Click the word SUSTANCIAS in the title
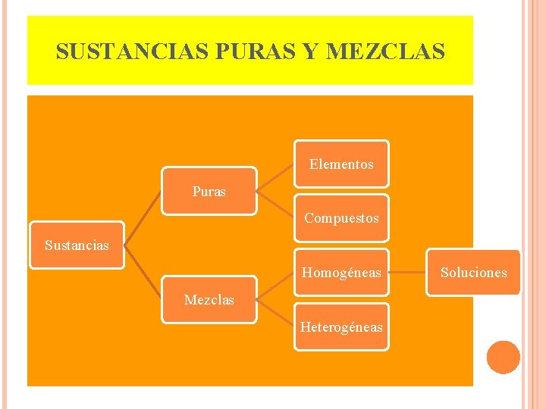[x=133, y=52]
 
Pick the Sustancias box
[x=77, y=245]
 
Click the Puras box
[x=209, y=192]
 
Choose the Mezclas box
[x=209, y=300]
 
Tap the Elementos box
[x=341, y=164]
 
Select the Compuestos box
[x=341, y=218]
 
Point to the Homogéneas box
[x=341, y=272]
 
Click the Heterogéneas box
[x=341, y=326]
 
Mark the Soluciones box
[x=474, y=272]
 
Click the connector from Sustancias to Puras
[x=143, y=217]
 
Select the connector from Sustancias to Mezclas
[x=143, y=272]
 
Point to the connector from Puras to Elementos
[x=275, y=177]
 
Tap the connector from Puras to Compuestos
[x=275, y=204]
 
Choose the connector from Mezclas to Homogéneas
[x=275, y=286]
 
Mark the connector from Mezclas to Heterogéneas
[x=275, y=313]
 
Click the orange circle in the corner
[x=503, y=357]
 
